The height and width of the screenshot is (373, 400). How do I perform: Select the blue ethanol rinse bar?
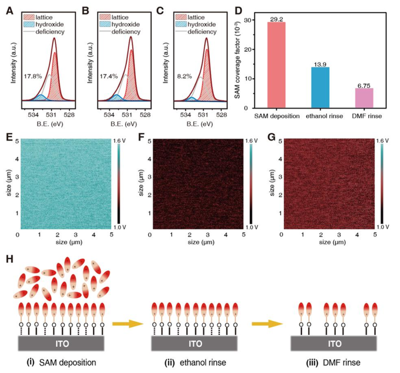(x=320, y=87)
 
